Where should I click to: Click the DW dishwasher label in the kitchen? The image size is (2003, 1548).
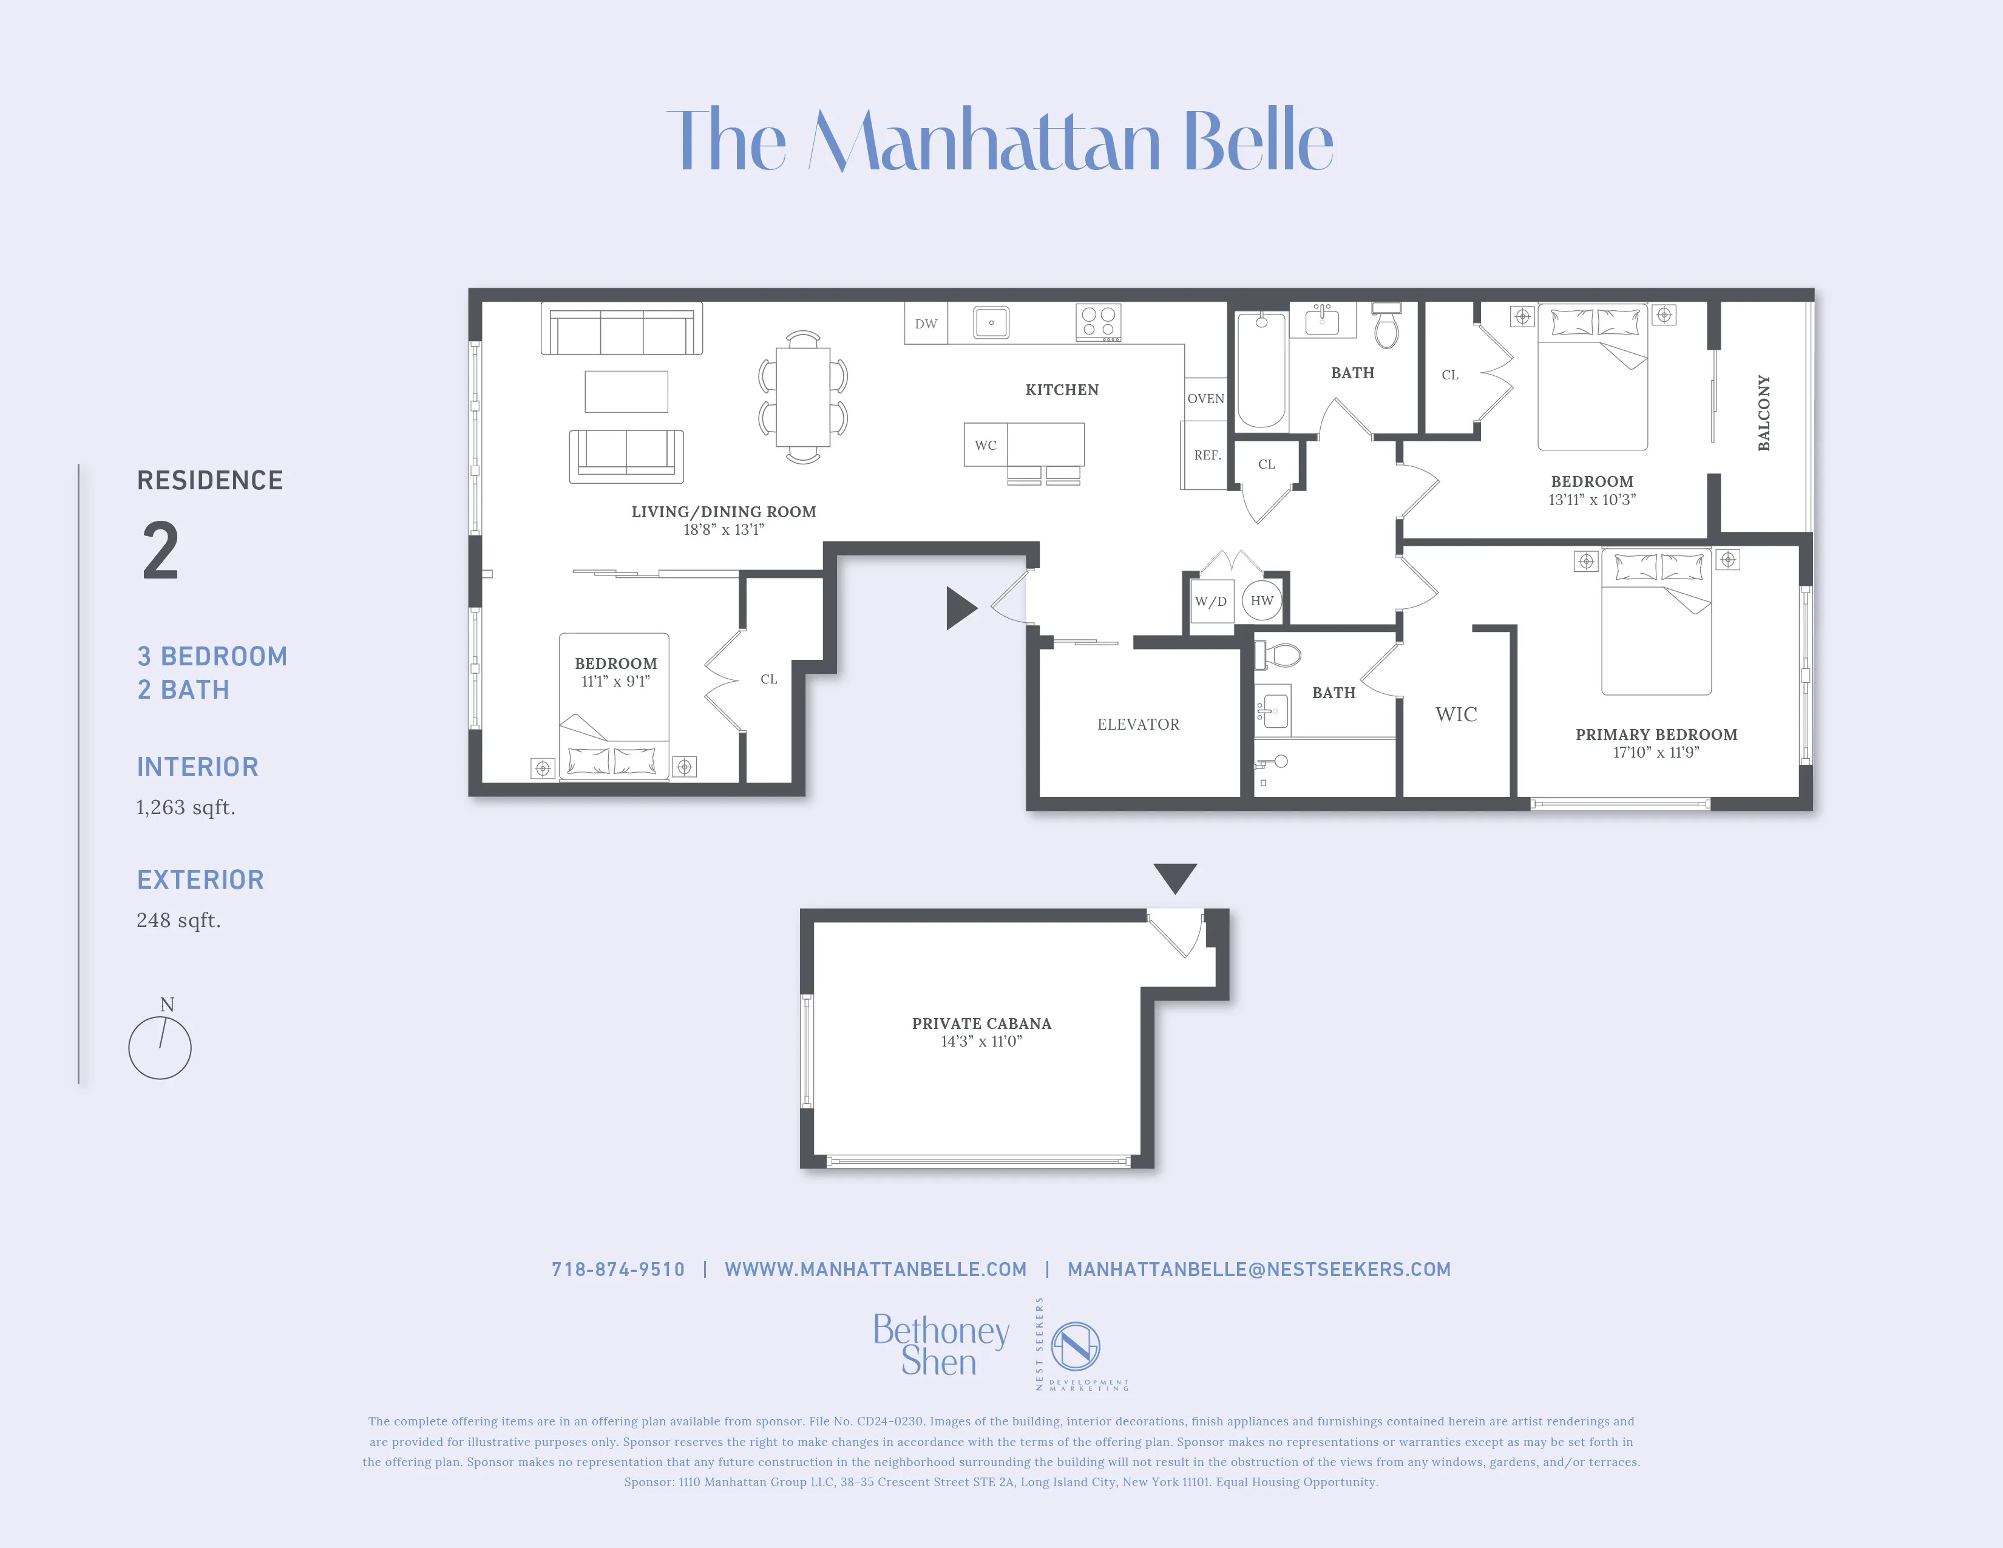(x=926, y=324)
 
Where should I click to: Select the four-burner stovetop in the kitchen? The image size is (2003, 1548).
(x=1098, y=322)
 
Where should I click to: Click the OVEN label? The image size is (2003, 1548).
(x=1205, y=399)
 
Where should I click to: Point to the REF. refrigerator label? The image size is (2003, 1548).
(x=1207, y=455)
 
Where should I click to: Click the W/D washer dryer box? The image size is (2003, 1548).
(x=1211, y=602)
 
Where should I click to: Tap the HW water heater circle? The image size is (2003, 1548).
(x=1262, y=600)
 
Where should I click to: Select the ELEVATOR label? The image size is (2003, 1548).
(x=1138, y=724)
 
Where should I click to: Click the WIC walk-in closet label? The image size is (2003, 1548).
(x=1456, y=715)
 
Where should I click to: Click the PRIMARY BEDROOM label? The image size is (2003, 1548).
(x=1655, y=735)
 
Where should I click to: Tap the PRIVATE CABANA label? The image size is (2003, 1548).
(x=981, y=1024)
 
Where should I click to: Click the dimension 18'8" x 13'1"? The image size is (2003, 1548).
(x=724, y=530)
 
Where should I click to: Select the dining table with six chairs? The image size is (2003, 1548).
(x=802, y=397)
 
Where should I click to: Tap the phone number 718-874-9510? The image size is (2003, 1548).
(x=617, y=1269)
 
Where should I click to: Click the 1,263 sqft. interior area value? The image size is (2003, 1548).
(x=185, y=807)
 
